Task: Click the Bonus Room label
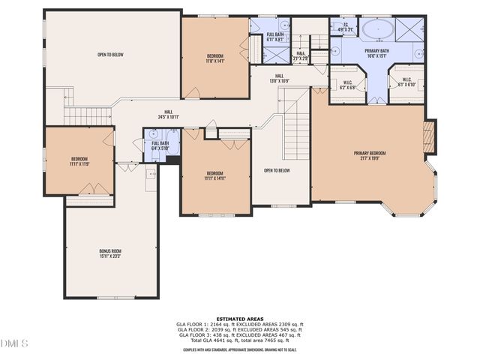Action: (x=110, y=253)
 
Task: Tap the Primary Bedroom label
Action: (x=373, y=156)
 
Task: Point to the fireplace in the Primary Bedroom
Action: (x=429, y=137)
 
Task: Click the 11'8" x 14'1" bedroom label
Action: (x=215, y=58)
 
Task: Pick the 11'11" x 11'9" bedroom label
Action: (x=79, y=161)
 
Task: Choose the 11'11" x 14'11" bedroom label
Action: (x=215, y=175)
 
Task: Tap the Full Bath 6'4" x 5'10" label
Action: (x=160, y=145)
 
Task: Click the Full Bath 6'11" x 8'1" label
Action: (x=274, y=37)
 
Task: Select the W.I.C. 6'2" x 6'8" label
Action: (x=348, y=85)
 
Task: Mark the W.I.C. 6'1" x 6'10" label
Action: (x=406, y=82)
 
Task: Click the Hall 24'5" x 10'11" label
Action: (x=169, y=115)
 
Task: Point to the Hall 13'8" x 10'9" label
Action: (x=279, y=78)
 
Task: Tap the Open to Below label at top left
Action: (x=110, y=55)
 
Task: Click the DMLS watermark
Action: (x=15, y=343)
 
